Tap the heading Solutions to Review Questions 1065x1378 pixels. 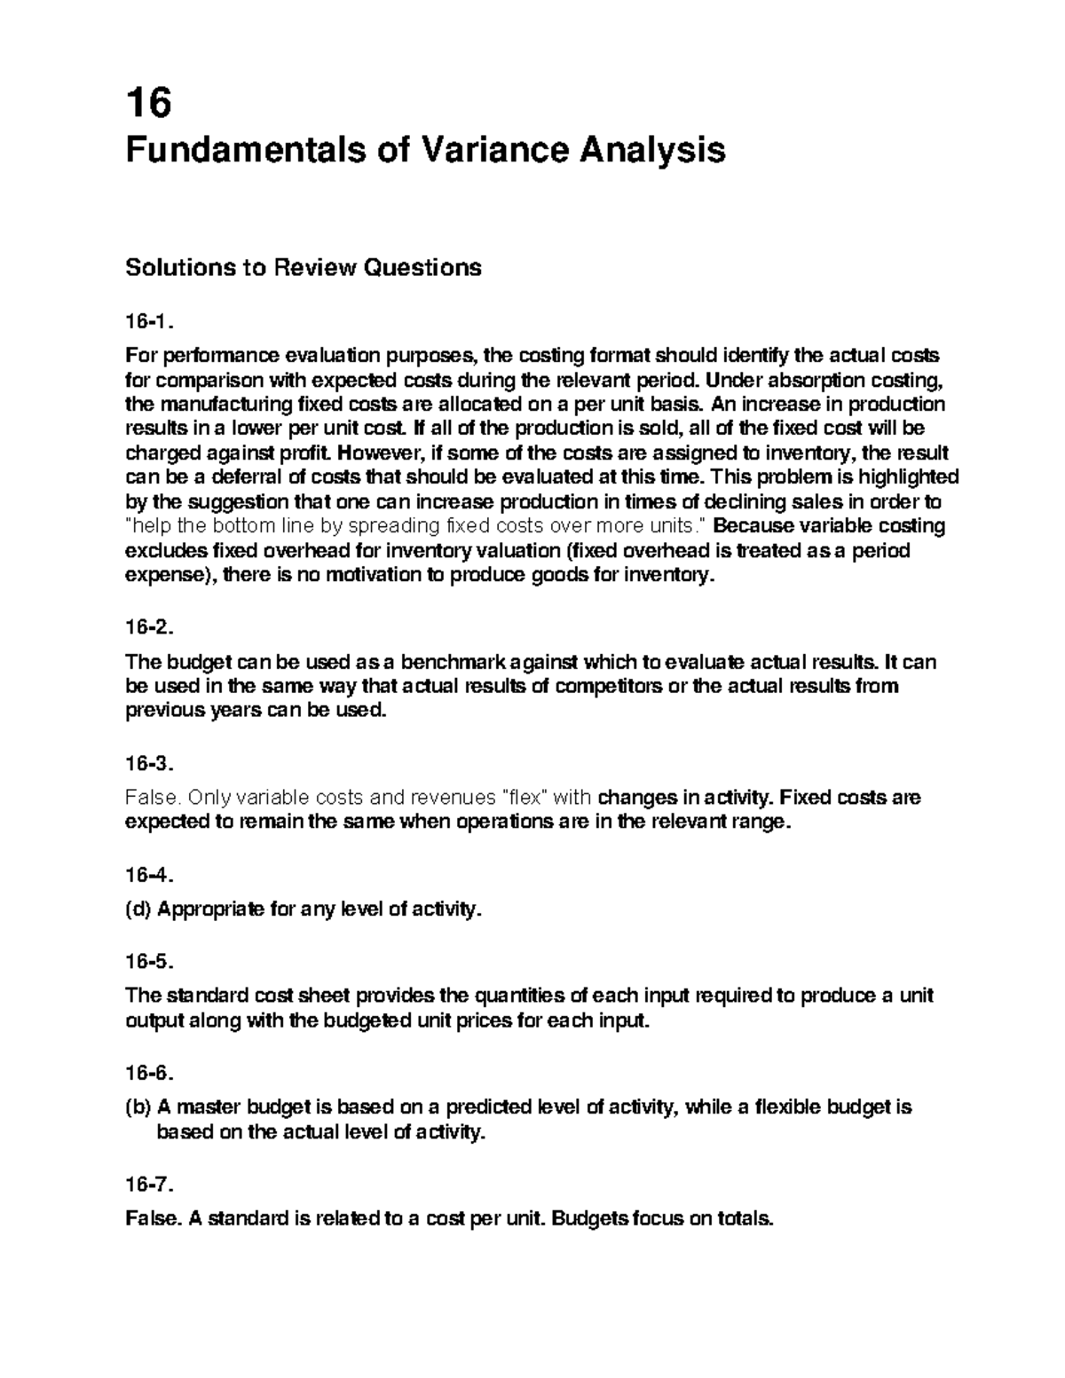click(x=304, y=267)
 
